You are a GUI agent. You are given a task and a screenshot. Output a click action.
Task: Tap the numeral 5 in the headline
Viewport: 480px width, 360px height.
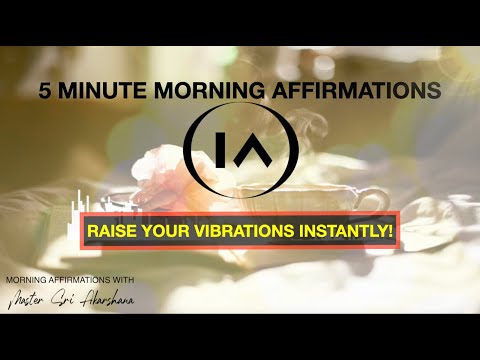[45, 90]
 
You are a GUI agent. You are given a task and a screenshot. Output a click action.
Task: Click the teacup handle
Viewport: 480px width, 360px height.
[368, 201]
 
